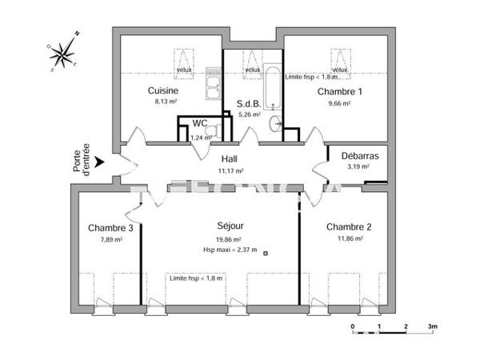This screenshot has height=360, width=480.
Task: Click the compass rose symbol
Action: (63, 53)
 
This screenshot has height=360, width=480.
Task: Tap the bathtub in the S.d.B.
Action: (273, 86)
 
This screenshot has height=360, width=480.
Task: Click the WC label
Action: (200, 123)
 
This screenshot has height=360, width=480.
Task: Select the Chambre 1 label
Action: (339, 92)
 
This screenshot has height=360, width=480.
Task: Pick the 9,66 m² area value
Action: (339, 104)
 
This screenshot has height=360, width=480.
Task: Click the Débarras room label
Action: (359, 155)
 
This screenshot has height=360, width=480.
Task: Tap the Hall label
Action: (230, 158)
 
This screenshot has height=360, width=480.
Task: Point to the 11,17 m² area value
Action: (230, 170)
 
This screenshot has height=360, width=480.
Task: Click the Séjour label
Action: (230, 227)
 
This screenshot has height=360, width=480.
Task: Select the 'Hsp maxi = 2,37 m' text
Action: (230, 250)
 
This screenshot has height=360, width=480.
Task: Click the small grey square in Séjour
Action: (266, 253)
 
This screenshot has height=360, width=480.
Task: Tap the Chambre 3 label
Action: (110, 228)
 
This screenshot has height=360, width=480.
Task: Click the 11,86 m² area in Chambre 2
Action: (350, 239)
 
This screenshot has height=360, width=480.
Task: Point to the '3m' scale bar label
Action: (433, 326)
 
